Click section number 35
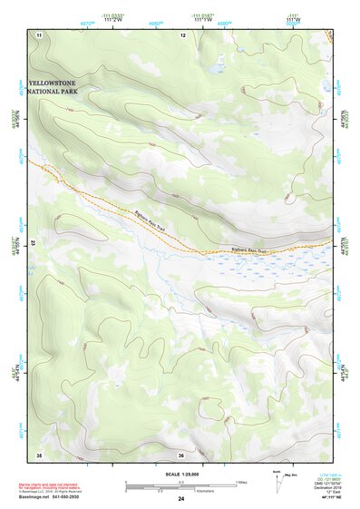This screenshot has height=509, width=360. (39, 454)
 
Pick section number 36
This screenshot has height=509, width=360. (181, 454)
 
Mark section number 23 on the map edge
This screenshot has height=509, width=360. (33, 243)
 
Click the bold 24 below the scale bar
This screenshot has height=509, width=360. (181, 499)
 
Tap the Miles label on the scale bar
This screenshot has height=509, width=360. (240, 482)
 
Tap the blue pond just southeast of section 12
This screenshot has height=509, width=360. (215, 68)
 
